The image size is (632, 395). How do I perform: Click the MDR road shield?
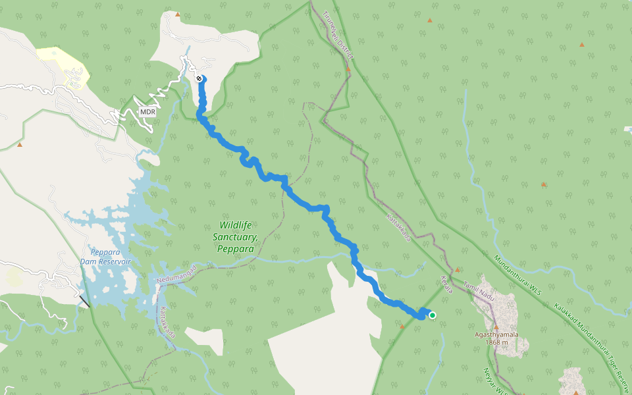[x=147, y=111]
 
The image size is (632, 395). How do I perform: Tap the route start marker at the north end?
[x=199, y=78]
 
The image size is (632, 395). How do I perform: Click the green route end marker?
[x=433, y=315]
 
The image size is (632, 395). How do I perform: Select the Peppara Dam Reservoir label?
[x=105, y=257]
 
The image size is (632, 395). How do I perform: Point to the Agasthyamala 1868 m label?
[x=497, y=338]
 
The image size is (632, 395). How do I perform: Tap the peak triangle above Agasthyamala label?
[x=496, y=327]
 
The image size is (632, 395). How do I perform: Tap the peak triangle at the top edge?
[x=178, y=14]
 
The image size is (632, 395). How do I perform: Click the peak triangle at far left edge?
[x=20, y=145]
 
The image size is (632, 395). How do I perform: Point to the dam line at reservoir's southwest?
[x=84, y=302]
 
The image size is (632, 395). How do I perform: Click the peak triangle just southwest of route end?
[x=402, y=326]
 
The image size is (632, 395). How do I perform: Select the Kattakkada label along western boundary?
[x=168, y=322]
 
